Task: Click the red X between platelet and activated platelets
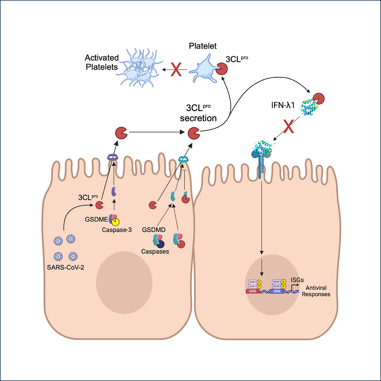pyautogui.click(x=176, y=70)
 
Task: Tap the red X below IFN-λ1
pyautogui.click(x=289, y=126)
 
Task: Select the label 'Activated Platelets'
pyautogui.click(x=102, y=62)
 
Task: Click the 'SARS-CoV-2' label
pyautogui.click(x=66, y=267)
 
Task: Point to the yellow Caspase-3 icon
pyautogui.click(x=116, y=221)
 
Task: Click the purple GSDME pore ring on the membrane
pyautogui.click(x=113, y=157)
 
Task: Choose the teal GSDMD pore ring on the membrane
pyautogui.click(x=183, y=160)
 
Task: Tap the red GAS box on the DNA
pyautogui.click(x=253, y=291)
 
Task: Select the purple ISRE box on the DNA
pyautogui.click(x=277, y=291)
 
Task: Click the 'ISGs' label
pyautogui.click(x=297, y=280)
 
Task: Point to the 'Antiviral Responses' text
pyautogui.click(x=316, y=291)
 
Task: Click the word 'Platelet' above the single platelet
pyautogui.click(x=203, y=46)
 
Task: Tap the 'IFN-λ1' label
pyautogui.click(x=283, y=105)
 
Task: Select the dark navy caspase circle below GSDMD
pyautogui.click(x=161, y=244)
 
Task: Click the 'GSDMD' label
pyautogui.click(x=154, y=230)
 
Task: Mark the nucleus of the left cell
pyautogui.click(x=124, y=283)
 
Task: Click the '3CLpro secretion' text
pyautogui.click(x=198, y=113)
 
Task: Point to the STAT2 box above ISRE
pyautogui.click(x=277, y=286)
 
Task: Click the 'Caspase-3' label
pyautogui.click(x=117, y=230)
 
